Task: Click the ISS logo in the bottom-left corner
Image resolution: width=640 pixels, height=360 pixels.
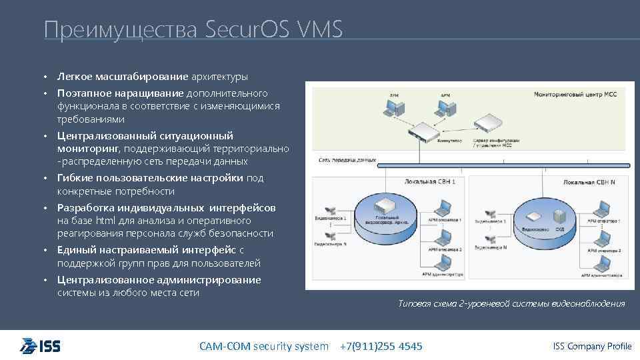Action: [41, 345]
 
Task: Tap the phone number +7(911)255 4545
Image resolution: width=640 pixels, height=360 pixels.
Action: [381, 346]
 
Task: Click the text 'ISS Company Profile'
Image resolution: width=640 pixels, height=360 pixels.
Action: [592, 346]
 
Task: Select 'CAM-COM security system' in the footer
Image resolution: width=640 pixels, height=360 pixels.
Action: [264, 346]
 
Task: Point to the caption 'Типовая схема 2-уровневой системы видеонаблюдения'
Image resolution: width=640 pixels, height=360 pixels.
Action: [511, 304]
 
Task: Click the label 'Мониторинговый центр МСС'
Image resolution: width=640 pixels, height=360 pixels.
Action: [575, 95]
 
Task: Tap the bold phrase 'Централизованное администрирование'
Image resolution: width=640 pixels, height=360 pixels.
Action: [159, 280]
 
